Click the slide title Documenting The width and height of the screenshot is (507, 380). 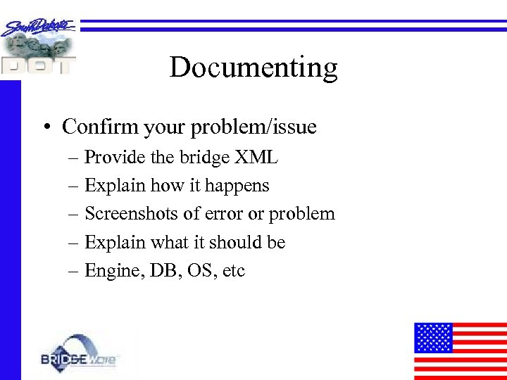click(x=254, y=68)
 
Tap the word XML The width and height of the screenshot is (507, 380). click(x=257, y=158)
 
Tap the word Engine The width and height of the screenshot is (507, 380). click(x=111, y=271)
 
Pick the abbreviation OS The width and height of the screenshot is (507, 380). click(x=201, y=270)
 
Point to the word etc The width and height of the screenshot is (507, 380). click(x=234, y=271)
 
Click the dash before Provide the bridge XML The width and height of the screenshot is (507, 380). click(x=73, y=158)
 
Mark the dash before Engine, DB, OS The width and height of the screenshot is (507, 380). click(x=73, y=271)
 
